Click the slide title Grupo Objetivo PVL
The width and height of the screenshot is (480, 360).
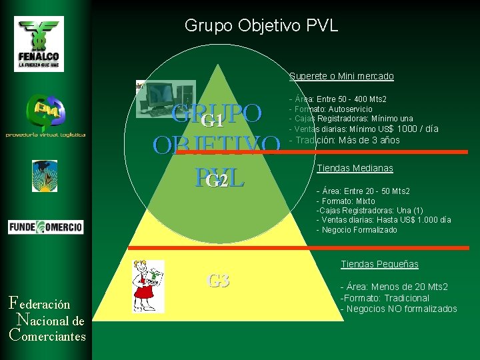pyautogui.click(x=261, y=26)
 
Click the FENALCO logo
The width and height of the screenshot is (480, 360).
pyautogui.click(x=39, y=43)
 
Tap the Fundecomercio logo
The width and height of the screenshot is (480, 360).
pyautogui.click(x=46, y=227)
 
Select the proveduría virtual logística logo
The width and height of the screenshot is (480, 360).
pyautogui.click(x=45, y=116)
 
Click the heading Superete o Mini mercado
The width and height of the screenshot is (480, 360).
pyautogui.click(x=341, y=77)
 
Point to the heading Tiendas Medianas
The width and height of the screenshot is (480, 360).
pyautogui.click(x=355, y=169)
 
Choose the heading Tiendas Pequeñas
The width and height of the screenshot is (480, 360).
pyautogui.click(x=379, y=265)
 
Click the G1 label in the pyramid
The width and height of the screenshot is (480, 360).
pyautogui.click(x=212, y=121)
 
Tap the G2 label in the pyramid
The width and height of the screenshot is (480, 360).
pyautogui.click(x=217, y=181)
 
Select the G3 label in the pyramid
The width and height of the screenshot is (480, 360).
pyautogui.click(x=218, y=281)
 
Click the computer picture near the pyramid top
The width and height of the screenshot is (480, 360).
pyautogui.click(x=166, y=99)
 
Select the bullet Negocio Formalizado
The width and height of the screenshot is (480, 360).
pyautogui.click(x=357, y=230)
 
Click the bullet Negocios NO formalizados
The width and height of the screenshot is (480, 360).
pyautogui.click(x=399, y=309)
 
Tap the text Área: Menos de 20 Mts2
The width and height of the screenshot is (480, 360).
pyautogui.click(x=394, y=287)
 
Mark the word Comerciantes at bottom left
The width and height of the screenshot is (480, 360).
pyautogui.click(x=48, y=335)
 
